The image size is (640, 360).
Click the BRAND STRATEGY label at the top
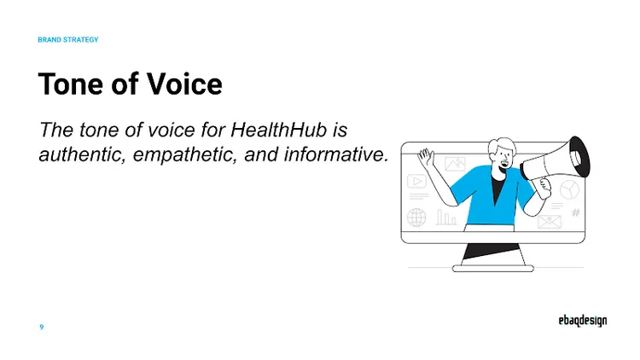click(x=68, y=39)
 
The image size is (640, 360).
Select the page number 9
click(x=42, y=327)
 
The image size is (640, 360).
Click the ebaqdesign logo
click(x=577, y=322)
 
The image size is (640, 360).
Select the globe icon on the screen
click(x=416, y=218)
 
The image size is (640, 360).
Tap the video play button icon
click(x=416, y=182)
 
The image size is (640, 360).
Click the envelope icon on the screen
click(x=548, y=223)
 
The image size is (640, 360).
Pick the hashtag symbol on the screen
click(x=575, y=212)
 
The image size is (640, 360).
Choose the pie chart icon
click(x=569, y=189)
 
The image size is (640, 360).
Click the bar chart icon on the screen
click(x=445, y=218)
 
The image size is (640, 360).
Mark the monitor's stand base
click(x=492, y=268)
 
